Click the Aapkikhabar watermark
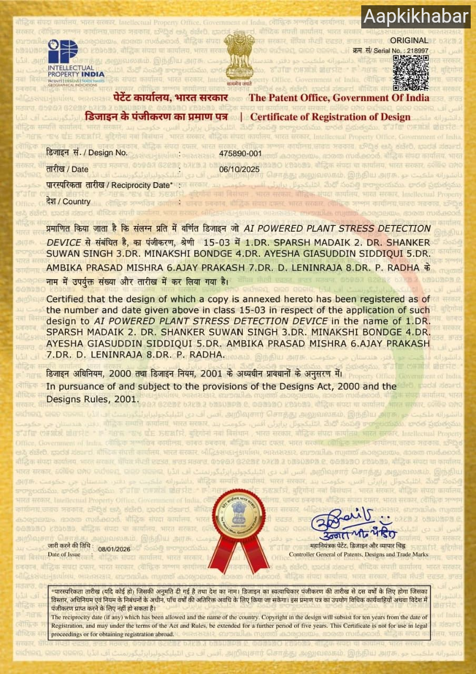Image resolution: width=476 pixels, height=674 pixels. pos(415,17)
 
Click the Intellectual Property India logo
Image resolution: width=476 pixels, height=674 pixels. pos(76,60)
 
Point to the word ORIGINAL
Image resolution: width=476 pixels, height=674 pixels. pos(409,40)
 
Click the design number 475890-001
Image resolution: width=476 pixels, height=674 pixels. pos(240,153)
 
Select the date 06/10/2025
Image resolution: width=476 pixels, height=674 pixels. pos(240,170)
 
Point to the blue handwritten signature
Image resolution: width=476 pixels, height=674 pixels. pos(344,524)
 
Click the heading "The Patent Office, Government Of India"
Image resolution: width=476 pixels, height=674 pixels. pos(339,98)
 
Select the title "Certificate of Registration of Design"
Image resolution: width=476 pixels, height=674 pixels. pos(330,117)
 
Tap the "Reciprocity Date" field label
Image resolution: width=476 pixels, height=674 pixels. pos(110,185)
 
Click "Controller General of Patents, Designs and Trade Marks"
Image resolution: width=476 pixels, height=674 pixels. pos(359,554)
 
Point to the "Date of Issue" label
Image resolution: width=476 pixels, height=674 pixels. pos(64,554)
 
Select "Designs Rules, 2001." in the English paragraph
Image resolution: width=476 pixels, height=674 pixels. pos(92,399)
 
